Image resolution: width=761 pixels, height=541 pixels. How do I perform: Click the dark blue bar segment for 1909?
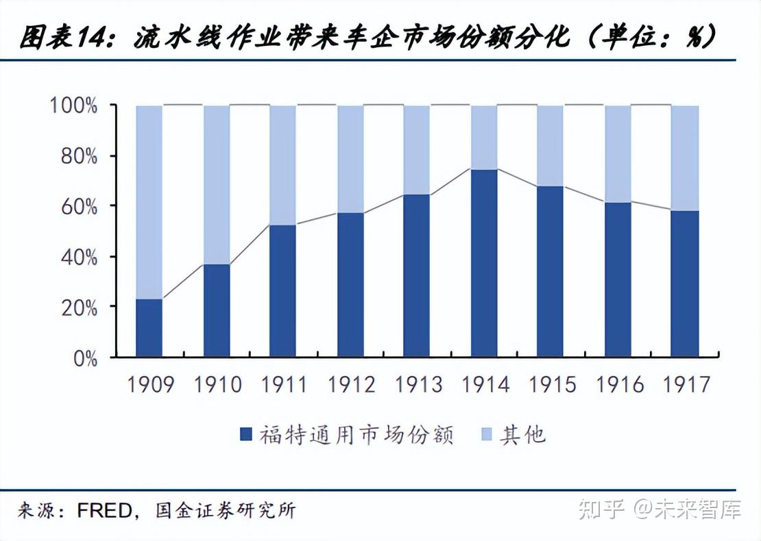click(149, 327)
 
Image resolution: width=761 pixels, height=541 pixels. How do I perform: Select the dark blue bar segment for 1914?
click(484, 263)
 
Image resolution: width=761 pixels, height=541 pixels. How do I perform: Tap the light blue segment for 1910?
click(217, 185)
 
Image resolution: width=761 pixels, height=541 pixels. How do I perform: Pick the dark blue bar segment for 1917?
click(684, 284)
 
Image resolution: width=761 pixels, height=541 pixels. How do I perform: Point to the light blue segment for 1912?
click(350, 159)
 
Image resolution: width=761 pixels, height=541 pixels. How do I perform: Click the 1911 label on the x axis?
click(284, 385)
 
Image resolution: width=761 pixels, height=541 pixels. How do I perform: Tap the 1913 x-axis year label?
click(418, 385)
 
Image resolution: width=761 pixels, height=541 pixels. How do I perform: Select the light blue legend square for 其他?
click(487, 434)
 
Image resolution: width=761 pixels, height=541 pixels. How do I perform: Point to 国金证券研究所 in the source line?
click(226, 511)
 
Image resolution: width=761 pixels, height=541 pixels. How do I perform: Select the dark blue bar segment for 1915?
click(550, 271)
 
